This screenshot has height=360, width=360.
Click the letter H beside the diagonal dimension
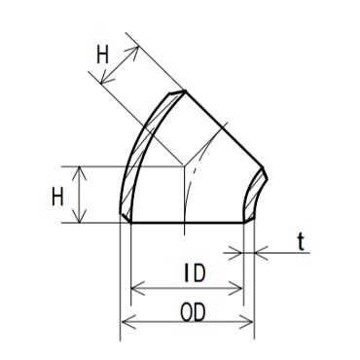102,55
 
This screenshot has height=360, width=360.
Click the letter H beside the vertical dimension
57,197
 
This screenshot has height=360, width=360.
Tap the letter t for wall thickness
301,242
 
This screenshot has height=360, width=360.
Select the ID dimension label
195,273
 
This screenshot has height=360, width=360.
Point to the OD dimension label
193,313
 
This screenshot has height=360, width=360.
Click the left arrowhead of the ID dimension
137,288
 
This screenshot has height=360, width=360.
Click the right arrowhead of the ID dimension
235,288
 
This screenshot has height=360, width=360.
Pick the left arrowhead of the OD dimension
127,323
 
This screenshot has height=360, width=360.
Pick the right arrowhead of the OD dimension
247,323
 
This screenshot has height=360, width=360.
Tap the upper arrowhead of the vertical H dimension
80,173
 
